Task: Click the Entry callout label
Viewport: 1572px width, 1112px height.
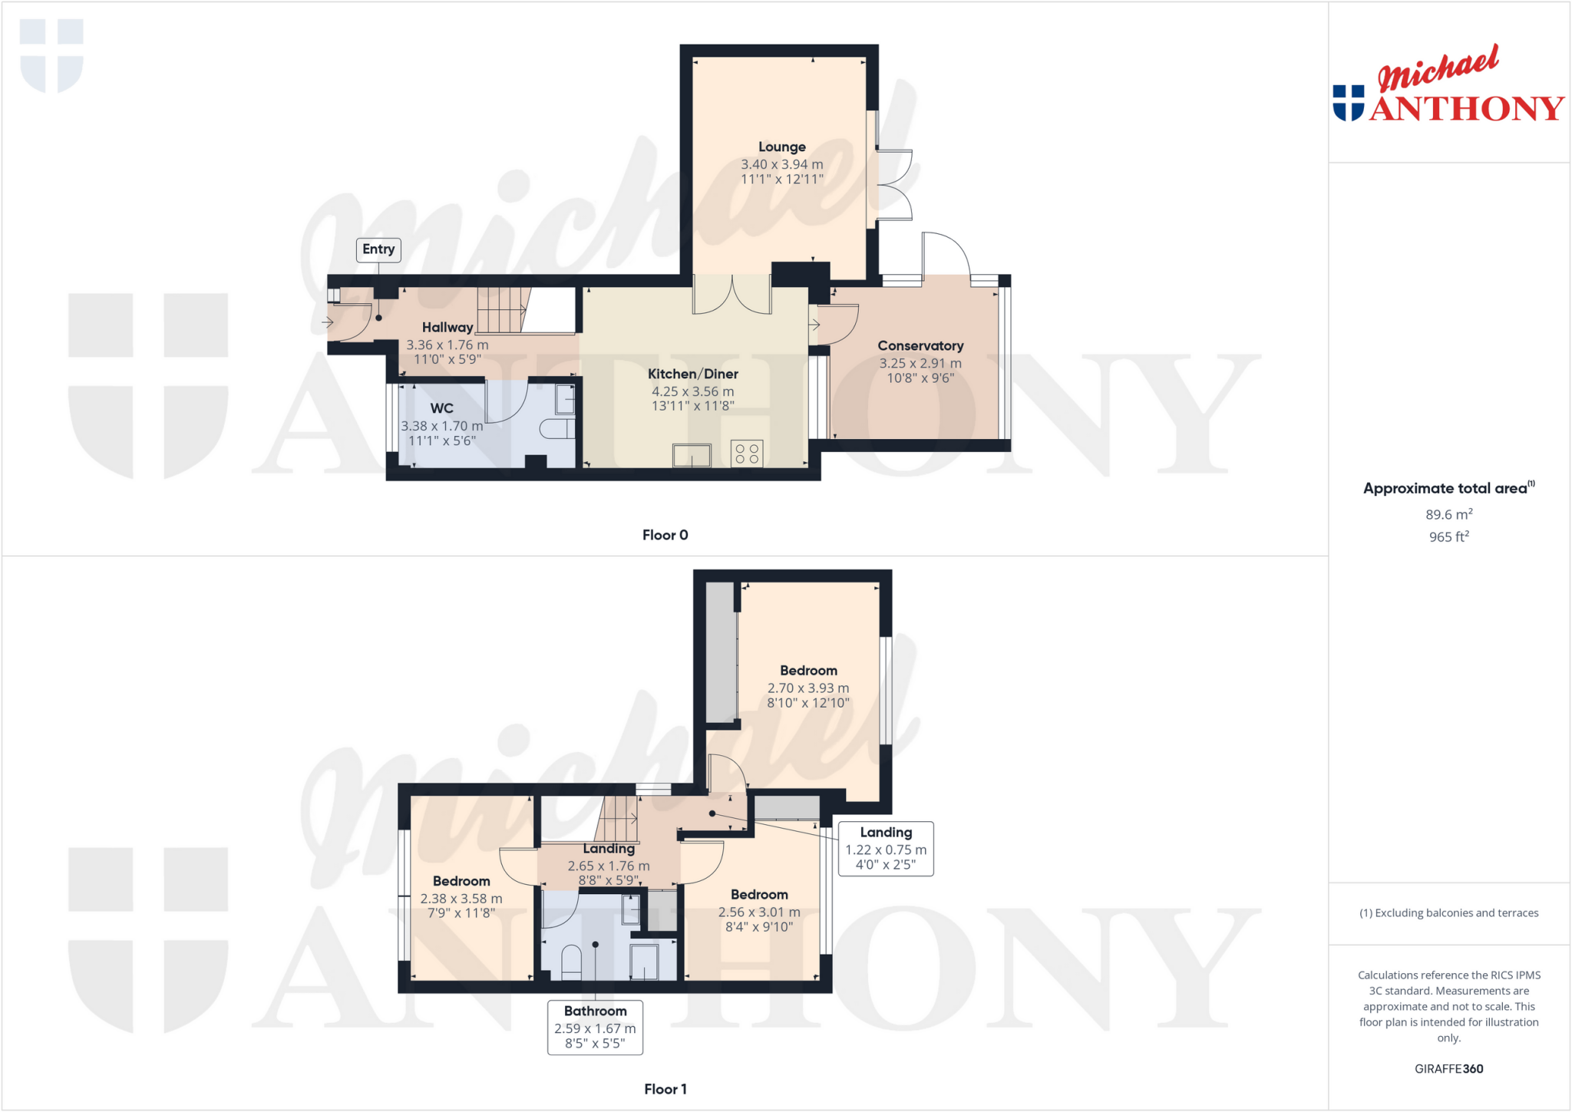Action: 378,249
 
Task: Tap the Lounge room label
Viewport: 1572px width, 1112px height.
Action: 781,147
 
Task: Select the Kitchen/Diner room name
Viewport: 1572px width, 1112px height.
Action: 692,374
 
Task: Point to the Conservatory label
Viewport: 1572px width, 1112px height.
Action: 920,346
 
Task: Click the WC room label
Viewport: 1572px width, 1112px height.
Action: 441,408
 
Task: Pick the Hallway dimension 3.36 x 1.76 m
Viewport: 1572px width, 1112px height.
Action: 447,345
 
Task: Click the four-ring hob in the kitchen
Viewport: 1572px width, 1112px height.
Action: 747,453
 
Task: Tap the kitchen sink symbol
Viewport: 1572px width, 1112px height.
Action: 692,456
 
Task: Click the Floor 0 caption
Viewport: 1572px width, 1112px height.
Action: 665,535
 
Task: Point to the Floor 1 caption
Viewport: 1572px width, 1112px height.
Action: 665,1089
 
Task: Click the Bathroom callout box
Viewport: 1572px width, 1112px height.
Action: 595,1028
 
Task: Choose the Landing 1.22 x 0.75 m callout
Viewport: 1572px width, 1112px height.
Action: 886,848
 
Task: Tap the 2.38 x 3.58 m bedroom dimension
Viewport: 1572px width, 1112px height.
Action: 461,899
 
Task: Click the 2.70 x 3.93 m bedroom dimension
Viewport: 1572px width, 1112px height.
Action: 808,688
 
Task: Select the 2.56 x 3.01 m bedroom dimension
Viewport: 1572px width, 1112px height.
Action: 759,912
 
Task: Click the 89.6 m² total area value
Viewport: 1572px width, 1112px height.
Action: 1448,515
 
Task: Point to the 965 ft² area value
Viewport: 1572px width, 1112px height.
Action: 1448,537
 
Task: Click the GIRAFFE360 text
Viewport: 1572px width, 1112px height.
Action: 1448,1068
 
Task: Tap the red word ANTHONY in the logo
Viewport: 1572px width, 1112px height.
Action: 1466,109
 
